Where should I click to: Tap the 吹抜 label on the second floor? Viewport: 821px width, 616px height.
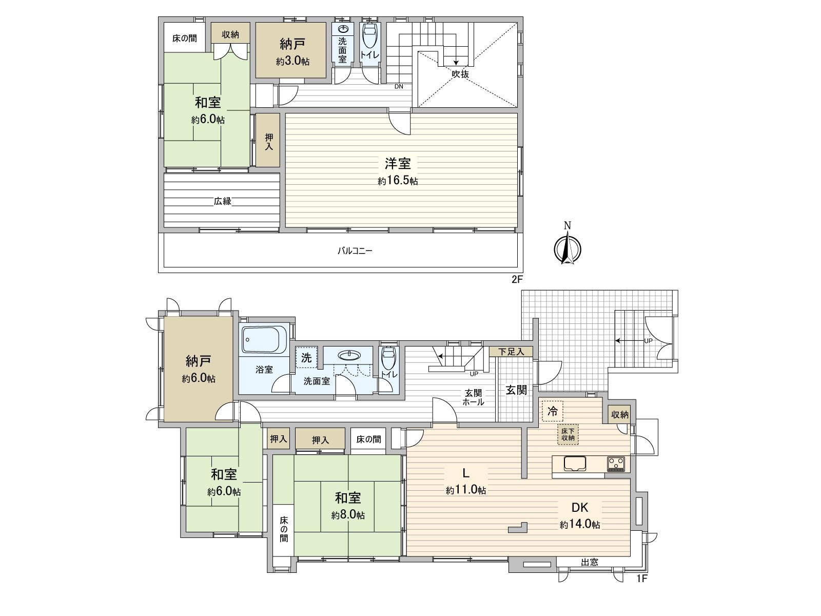tap(460, 74)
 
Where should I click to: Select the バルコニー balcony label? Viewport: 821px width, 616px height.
tap(355, 251)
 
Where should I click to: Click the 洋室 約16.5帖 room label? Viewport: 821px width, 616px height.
tap(398, 171)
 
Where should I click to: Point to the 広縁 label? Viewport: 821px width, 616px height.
tap(223, 201)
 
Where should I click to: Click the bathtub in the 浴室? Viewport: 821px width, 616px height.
tap(264, 340)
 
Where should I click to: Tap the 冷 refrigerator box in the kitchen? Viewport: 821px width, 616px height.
tap(553, 411)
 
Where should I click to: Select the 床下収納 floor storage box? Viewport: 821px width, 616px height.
tap(568, 434)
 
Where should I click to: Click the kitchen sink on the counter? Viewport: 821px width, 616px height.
tap(575, 464)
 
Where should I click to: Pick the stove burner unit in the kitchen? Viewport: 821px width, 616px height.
tap(616, 464)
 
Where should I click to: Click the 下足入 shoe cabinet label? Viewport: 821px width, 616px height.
tap(511, 352)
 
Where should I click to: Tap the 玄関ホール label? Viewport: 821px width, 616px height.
tap(473, 397)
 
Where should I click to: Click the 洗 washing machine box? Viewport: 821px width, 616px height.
tap(306, 358)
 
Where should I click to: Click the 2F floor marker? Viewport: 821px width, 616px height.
tap(517, 279)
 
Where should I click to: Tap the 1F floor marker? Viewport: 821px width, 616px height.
tap(642, 579)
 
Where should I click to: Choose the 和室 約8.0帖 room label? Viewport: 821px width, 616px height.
tap(348, 507)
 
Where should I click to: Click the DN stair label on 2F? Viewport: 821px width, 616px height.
tap(399, 86)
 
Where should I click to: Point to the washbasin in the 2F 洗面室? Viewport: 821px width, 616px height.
tap(343, 29)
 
